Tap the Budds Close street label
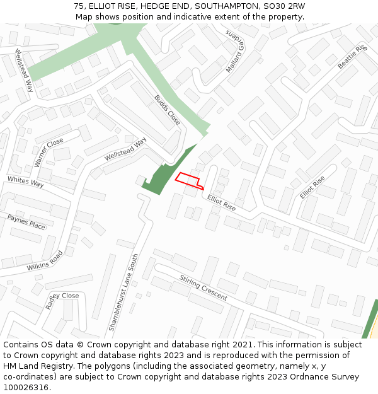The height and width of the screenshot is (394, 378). (167, 110)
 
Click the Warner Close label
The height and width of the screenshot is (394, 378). (49, 153)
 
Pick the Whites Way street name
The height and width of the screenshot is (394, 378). (26, 183)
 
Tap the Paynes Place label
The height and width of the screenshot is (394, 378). (26, 222)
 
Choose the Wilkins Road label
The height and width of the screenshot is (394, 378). (45, 261)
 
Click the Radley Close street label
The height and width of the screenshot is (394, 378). (62, 299)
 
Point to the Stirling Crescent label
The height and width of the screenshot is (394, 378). (203, 287)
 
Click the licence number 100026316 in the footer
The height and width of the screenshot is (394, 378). (26, 387)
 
